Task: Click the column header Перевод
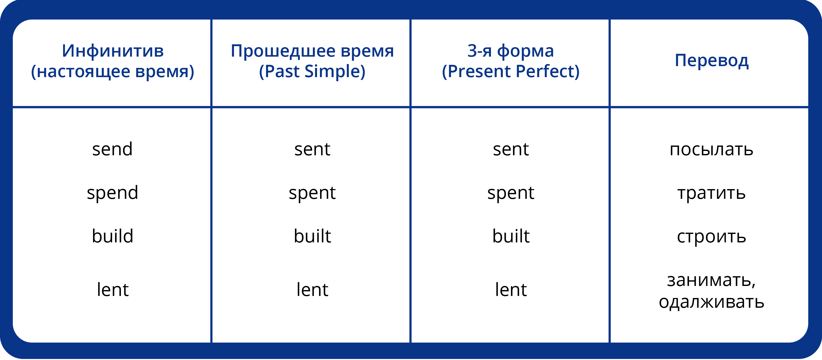click(x=712, y=61)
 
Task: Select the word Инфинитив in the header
click(x=113, y=51)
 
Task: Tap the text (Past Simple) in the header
click(x=312, y=71)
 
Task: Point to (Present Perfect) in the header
click(x=511, y=71)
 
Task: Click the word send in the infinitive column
click(x=112, y=149)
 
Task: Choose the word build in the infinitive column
click(x=112, y=236)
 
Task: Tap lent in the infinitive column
click(x=113, y=290)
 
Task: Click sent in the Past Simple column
click(x=312, y=149)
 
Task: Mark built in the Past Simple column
click(x=312, y=236)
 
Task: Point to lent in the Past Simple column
click(x=312, y=290)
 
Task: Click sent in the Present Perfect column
click(x=511, y=149)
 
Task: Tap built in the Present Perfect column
click(x=511, y=236)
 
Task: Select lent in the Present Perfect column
click(x=511, y=290)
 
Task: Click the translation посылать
click(x=711, y=150)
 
